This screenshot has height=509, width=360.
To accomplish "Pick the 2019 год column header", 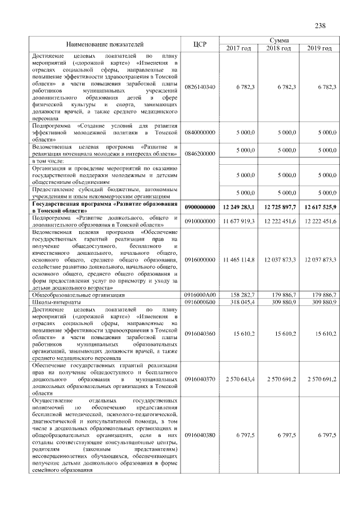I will click(x=319, y=48).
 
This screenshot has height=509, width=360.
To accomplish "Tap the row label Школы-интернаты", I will click(x=54, y=302).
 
